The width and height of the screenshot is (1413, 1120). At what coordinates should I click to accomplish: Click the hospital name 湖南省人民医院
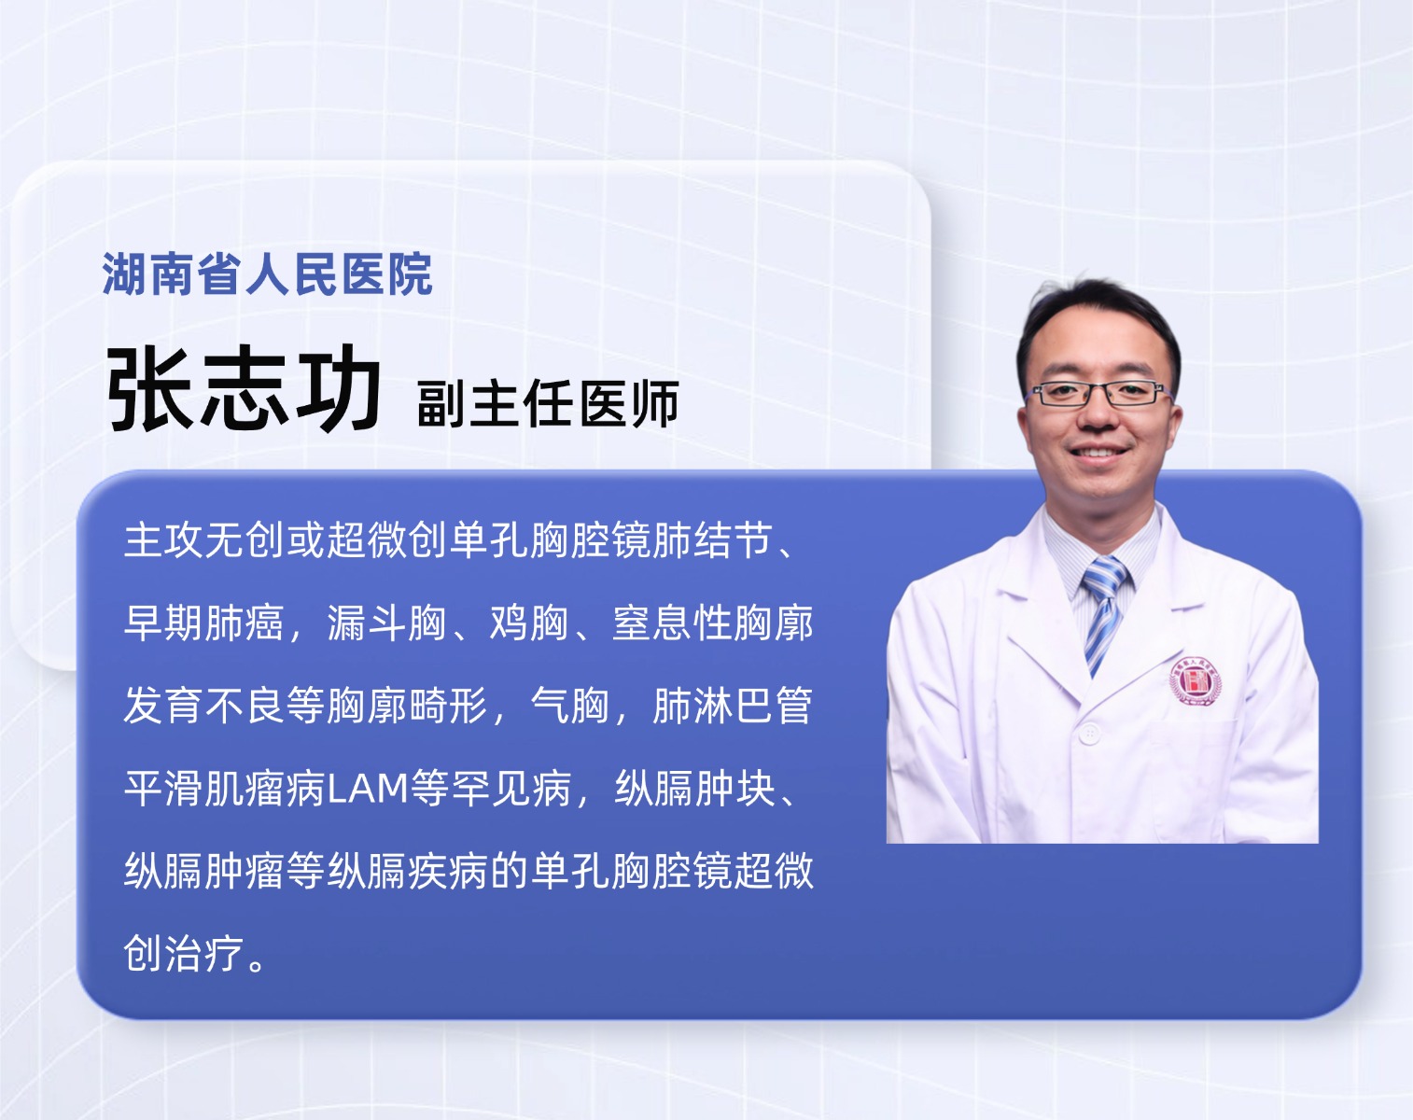point(267,273)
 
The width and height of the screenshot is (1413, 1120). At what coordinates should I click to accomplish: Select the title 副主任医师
point(548,404)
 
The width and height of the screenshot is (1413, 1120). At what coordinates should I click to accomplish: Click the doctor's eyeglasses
point(1098,393)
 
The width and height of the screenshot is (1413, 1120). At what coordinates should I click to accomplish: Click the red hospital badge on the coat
point(1196,680)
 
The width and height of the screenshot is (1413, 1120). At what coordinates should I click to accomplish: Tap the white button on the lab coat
point(1089,733)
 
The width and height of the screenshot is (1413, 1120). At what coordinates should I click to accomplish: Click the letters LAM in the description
point(368,789)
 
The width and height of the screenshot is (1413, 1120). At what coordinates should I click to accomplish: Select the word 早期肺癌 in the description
point(203,623)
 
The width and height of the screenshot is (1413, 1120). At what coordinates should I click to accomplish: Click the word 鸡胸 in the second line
point(529,623)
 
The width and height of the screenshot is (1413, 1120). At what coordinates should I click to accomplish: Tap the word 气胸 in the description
point(570,706)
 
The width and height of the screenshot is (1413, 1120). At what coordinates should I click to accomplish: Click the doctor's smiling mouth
point(1098,453)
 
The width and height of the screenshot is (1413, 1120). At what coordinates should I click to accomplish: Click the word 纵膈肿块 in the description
point(694,789)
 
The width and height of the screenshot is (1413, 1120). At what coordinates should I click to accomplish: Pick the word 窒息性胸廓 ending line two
point(713,623)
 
